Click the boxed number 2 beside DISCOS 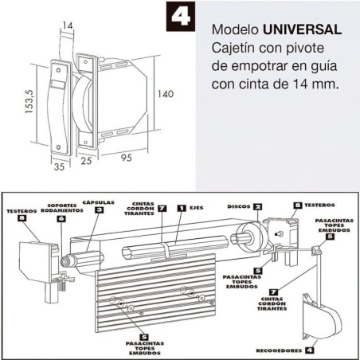coord(257,207)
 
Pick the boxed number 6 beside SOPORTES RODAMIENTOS coord(61,217)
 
